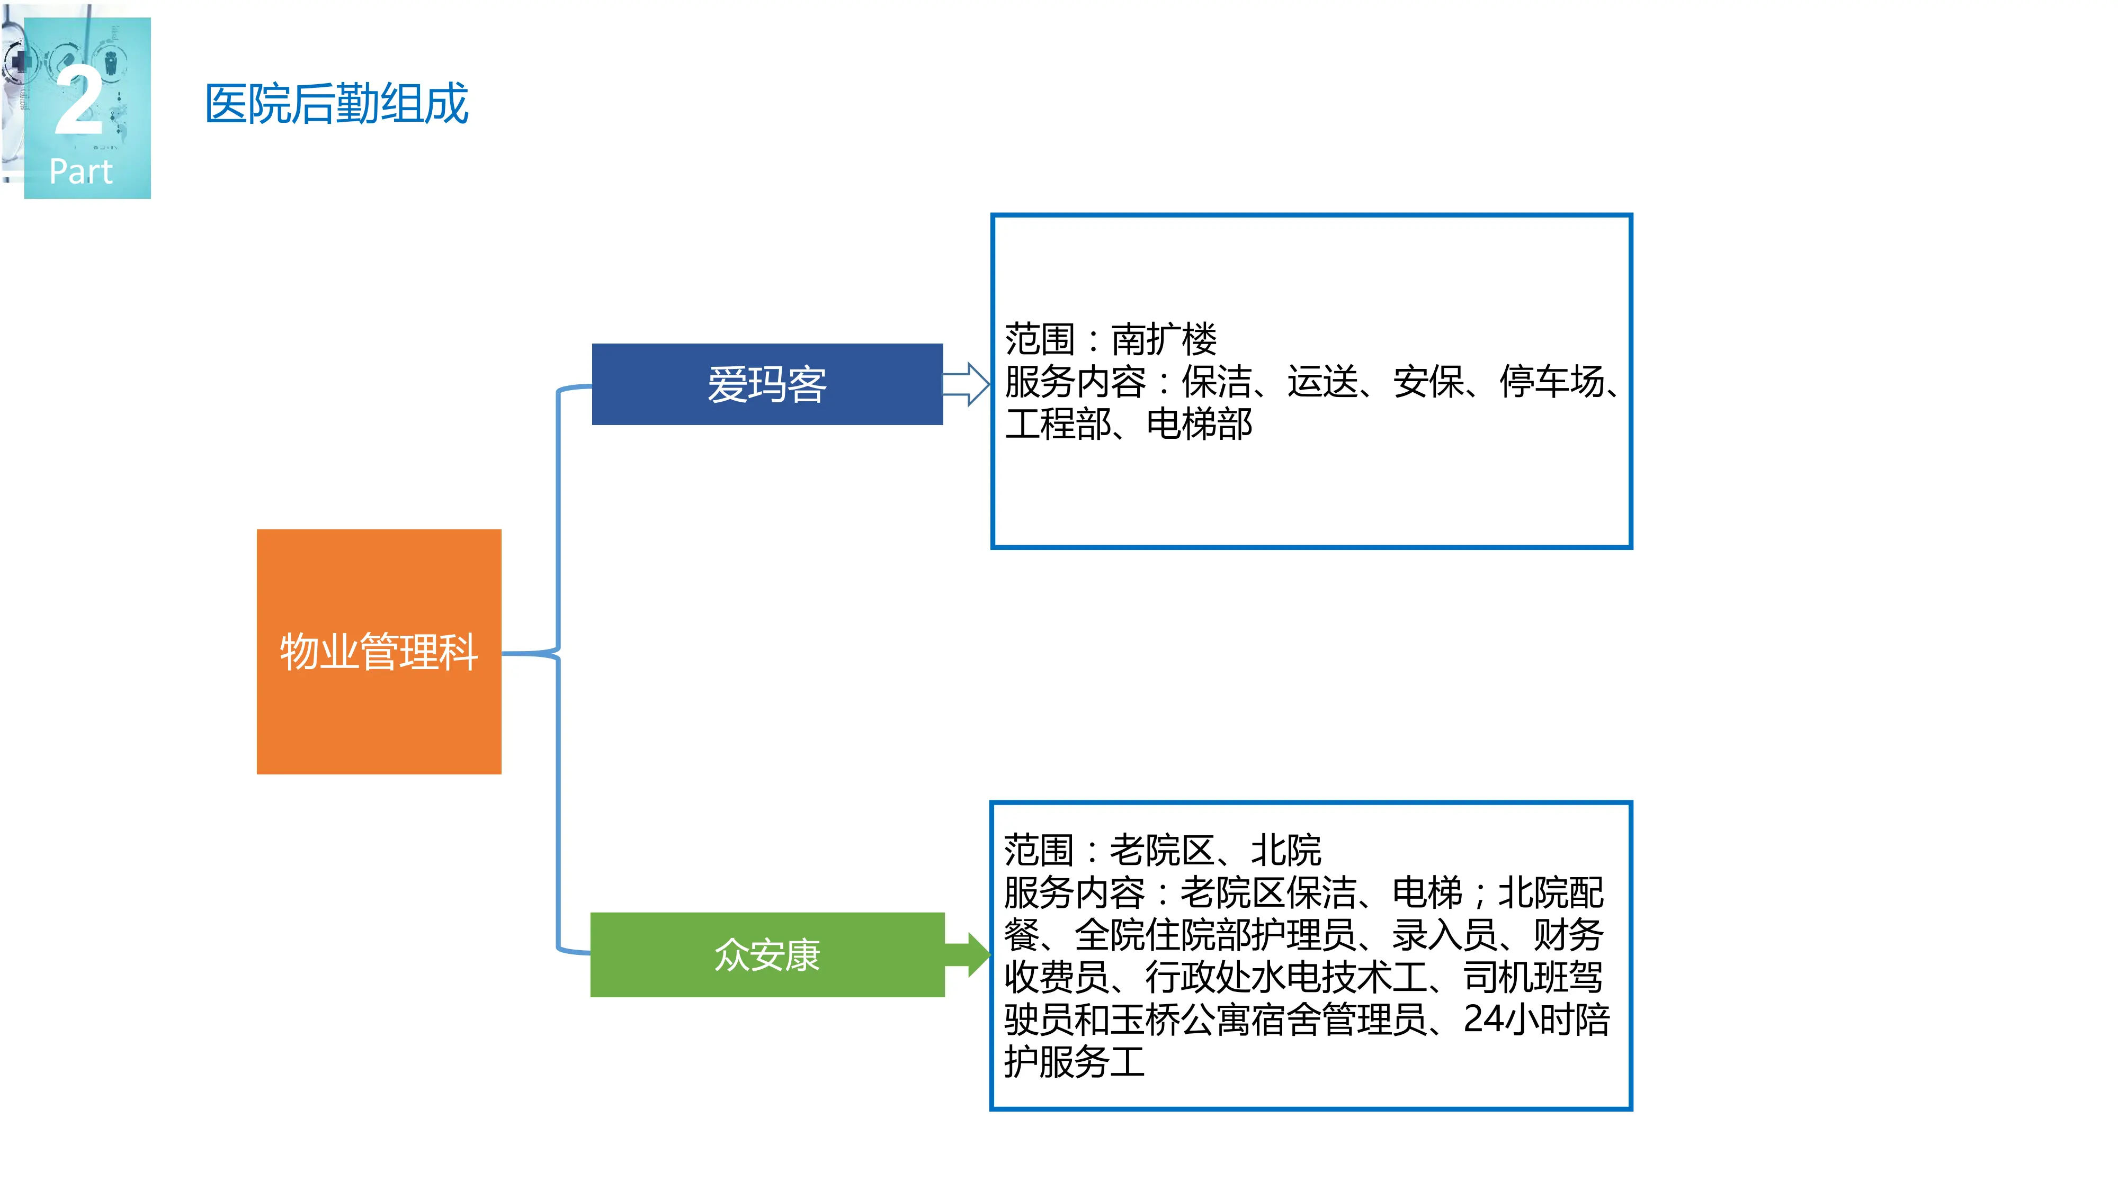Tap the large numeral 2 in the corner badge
coord(79,102)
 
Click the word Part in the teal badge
coord(81,172)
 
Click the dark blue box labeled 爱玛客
coord(766,384)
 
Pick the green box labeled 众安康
coord(766,954)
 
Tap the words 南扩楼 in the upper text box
coord(1164,339)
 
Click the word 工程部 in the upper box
coord(1057,424)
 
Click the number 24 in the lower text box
coord(1484,1019)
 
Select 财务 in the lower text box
coord(1568,935)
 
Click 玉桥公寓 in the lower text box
coord(1180,1019)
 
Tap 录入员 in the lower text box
coord(1444,935)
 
